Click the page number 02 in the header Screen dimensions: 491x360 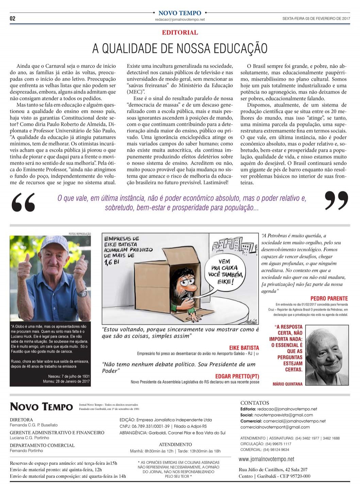point(13,18)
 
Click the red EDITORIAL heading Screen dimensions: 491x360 point(180,33)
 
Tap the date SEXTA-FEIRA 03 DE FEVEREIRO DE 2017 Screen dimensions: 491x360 point(316,19)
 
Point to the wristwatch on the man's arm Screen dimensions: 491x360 point(82,292)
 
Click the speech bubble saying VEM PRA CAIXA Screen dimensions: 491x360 point(224,272)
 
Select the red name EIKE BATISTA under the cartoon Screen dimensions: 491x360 point(244,348)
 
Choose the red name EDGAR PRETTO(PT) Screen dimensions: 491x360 point(237,376)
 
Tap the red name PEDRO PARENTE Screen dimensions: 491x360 point(329,298)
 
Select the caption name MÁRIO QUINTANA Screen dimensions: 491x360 point(287,384)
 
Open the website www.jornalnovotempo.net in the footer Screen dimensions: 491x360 point(266,459)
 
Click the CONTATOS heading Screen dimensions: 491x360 point(255,403)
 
